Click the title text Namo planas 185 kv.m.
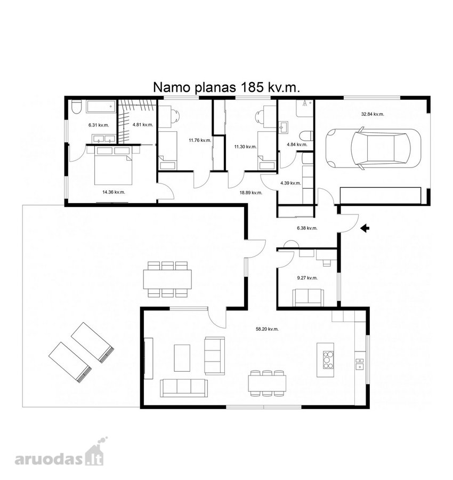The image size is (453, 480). click(x=226, y=87)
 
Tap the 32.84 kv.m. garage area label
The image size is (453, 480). click(x=373, y=114)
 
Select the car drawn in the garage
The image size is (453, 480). click(x=373, y=148)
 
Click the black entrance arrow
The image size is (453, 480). click(x=365, y=228)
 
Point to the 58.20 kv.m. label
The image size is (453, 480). click(x=267, y=329)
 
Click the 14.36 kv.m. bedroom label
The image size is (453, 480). click(x=114, y=192)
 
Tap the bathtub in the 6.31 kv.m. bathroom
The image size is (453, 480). click(x=101, y=107)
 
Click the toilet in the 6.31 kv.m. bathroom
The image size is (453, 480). click(x=76, y=107)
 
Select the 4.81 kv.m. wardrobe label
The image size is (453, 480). click(x=143, y=125)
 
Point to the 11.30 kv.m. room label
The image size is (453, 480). click(x=246, y=147)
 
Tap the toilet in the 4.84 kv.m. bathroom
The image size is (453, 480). click(x=306, y=135)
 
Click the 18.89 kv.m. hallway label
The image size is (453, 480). click(x=251, y=193)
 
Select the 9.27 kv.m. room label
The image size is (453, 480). click(x=308, y=278)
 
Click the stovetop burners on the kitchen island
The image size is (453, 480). click(x=328, y=360)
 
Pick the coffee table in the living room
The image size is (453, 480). click(x=182, y=358)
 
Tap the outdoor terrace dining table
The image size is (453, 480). click(x=168, y=279)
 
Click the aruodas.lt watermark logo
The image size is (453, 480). click(x=60, y=456)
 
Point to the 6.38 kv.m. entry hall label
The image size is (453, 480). click(x=307, y=228)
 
